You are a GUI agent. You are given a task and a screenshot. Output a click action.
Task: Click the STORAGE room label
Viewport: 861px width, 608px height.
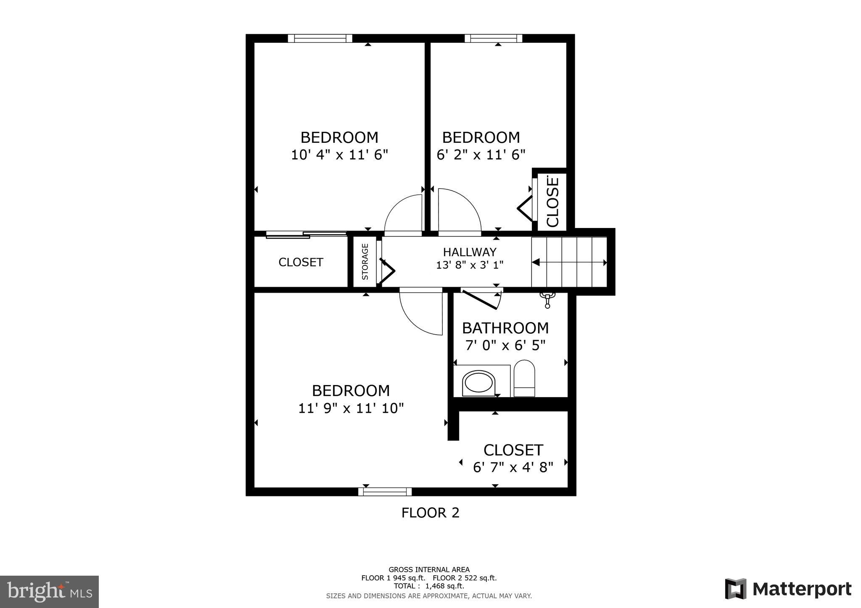coord(365,262)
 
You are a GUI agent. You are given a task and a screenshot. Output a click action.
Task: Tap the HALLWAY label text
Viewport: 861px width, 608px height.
coord(470,252)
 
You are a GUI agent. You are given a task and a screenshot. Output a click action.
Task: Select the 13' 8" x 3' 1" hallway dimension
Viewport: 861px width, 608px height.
coord(470,265)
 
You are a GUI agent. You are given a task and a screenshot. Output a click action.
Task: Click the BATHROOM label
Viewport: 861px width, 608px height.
coord(505,328)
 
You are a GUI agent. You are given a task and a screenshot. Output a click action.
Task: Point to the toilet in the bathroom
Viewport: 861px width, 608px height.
coord(524,378)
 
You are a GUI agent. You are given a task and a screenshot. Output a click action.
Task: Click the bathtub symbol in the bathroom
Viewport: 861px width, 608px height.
coord(478,383)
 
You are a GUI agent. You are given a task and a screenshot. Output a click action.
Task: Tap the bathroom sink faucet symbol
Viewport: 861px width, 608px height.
coord(547,299)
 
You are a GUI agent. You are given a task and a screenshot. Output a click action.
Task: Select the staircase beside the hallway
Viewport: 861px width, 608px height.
coord(570,262)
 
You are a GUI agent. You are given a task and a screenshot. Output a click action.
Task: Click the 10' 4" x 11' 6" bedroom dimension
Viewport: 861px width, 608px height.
coord(339,155)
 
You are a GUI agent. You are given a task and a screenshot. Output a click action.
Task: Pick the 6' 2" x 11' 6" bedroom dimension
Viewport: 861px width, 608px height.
coord(481,155)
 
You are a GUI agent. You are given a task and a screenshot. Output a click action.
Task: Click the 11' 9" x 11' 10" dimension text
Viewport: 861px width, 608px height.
coord(351,408)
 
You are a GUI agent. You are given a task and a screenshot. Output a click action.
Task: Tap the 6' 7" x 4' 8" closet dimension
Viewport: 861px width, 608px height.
coord(513,467)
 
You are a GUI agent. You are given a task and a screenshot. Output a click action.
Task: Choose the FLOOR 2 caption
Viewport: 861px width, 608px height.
coord(430,513)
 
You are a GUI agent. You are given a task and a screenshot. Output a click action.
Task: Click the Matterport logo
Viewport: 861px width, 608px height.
coord(788,589)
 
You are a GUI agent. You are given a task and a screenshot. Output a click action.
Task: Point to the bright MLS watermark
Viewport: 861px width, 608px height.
coord(50,592)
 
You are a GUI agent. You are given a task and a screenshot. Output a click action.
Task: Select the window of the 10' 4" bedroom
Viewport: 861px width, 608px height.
coord(320,38)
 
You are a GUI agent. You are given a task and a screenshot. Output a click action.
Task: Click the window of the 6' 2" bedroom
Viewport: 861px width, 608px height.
coord(494,38)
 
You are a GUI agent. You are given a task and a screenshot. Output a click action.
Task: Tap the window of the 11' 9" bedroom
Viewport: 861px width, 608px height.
coord(385,492)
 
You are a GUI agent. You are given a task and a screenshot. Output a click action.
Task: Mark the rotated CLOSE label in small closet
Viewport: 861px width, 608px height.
coord(552,202)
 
